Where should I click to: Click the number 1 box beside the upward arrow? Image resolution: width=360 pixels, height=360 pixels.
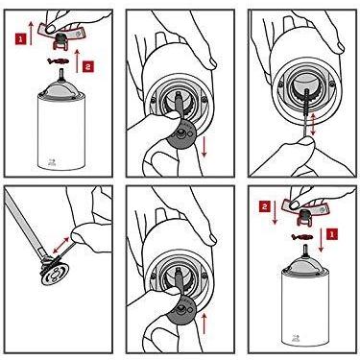(20, 39)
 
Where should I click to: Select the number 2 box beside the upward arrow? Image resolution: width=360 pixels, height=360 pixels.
(88, 66)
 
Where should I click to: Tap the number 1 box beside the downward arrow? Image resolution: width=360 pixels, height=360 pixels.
(332, 234)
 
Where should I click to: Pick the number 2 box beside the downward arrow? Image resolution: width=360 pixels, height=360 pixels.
(265, 207)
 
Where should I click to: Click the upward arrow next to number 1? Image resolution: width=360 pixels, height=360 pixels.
(31, 34)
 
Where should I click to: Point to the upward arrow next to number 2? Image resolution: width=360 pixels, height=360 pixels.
(76, 60)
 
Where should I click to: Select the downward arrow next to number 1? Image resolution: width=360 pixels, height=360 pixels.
(321, 240)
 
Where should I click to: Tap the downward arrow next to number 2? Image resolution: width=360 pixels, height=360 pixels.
(275, 212)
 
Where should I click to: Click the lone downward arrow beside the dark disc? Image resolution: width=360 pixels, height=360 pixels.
(204, 147)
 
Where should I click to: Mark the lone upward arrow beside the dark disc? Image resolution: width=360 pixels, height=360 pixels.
(204, 324)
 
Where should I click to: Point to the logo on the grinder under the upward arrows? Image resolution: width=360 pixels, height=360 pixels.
(51, 161)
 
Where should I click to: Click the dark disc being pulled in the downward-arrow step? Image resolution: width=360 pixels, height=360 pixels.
(182, 133)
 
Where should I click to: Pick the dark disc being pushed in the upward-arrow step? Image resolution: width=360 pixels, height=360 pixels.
(182, 310)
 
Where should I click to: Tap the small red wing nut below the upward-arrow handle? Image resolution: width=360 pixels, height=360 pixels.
(58, 60)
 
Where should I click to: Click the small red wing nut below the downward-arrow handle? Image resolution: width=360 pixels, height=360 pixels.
(301, 237)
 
